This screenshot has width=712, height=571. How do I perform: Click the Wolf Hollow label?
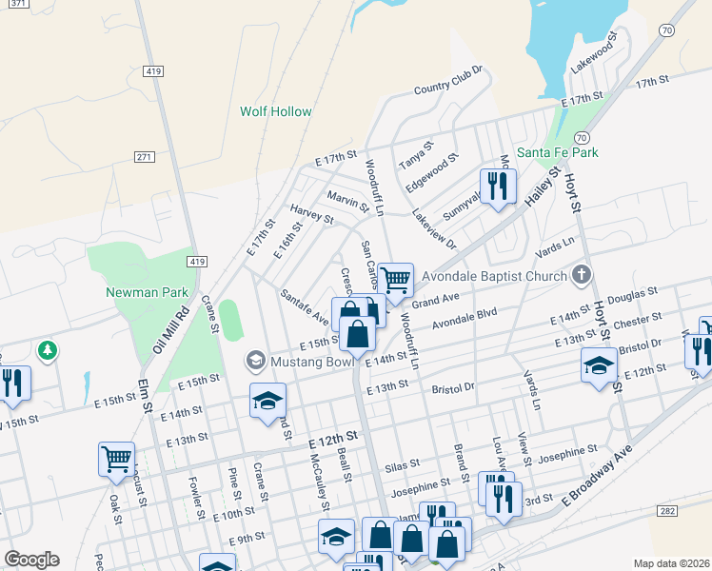click(x=275, y=111)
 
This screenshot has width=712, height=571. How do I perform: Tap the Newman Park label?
click(x=147, y=292)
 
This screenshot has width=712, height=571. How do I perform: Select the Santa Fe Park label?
click(x=557, y=152)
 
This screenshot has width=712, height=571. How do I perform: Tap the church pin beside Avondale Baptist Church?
click(x=583, y=276)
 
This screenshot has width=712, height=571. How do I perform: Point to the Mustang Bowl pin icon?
click(x=255, y=361)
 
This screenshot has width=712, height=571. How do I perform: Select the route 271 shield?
click(x=145, y=157)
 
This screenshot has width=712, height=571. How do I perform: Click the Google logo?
click(x=31, y=560)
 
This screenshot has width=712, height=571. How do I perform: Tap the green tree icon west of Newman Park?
click(x=47, y=351)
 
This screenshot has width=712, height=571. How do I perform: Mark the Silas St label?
click(x=402, y=465)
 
